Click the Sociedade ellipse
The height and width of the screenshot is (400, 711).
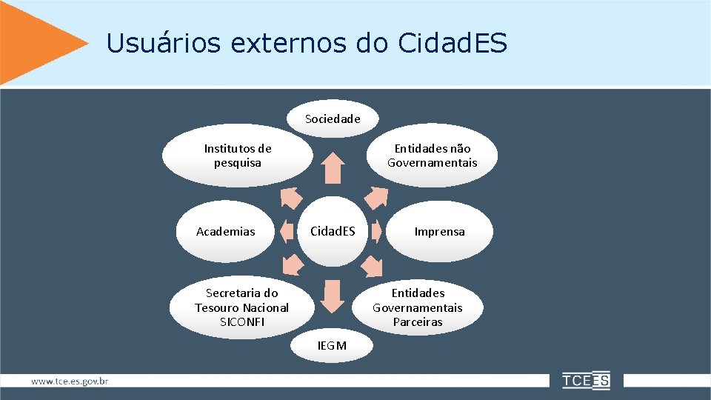pos(333,119)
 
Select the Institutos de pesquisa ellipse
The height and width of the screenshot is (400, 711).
pos(238,156)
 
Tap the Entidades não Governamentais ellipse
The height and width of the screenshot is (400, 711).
pos(433,156)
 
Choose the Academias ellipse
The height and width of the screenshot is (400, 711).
pos(226,231)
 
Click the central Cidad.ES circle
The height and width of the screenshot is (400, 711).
pos(333,231)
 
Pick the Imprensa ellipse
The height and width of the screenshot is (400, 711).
pos(440,231)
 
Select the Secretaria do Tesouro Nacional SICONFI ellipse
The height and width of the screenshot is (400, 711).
pos(241,307)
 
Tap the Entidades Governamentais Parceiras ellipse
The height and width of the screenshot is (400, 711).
pos(418,307)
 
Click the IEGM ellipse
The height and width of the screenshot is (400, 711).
pos(332,345)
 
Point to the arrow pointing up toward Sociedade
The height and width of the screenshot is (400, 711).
pos(333,168)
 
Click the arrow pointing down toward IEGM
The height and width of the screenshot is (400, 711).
pos(333,295)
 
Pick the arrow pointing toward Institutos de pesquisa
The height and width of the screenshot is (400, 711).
pos(291,197)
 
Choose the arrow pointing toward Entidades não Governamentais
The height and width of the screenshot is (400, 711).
pos(376,196)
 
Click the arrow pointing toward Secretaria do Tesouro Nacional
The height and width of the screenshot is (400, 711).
pos(293,264)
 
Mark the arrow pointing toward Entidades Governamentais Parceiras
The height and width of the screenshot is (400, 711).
pos(375,265)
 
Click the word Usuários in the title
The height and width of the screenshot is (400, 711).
pos(163,43)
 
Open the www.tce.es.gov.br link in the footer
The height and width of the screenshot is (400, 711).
pos(70,381)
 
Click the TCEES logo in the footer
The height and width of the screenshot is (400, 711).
pos(586,381)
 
